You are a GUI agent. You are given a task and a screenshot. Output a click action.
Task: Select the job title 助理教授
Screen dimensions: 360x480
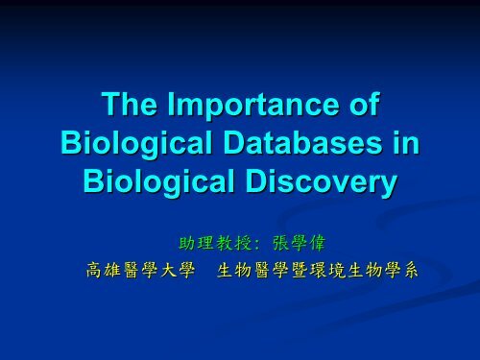214,240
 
